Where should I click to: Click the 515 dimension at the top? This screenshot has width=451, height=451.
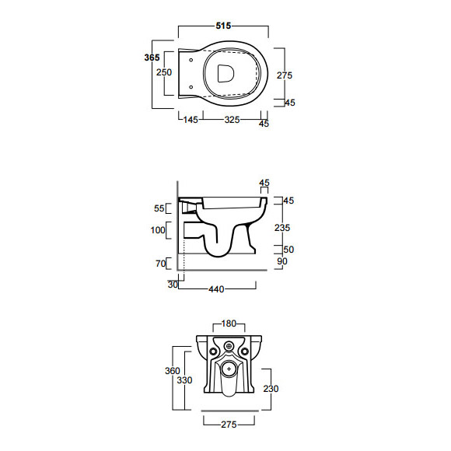click(223, 26)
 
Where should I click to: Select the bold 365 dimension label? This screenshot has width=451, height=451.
click(152, 58)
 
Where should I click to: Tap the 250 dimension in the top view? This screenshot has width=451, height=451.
click(164, 72)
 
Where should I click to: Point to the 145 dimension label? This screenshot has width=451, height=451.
click(191, 120)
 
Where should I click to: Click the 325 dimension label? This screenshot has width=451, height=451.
click(232, 120)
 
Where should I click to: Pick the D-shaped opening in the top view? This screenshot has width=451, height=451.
click(226, 73)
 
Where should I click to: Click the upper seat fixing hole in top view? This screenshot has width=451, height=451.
click(191, 60)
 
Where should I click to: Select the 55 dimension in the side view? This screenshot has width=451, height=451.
click(159, 208)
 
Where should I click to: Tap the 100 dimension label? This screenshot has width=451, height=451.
click(158, 230)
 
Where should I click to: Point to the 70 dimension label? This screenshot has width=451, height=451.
click(161, 263)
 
